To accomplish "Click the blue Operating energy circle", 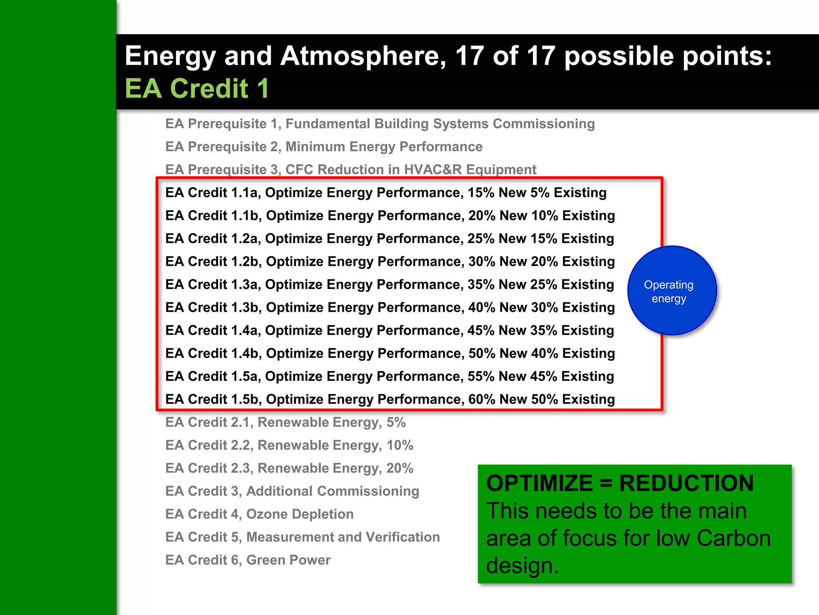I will click(672, 291).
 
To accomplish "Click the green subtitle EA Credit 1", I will click(197, 88).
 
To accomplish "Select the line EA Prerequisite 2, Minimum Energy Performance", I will click(324, 147).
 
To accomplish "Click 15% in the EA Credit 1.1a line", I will click(481, 193).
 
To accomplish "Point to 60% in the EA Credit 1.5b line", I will click(482, 399).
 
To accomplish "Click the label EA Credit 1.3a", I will click(213, 284).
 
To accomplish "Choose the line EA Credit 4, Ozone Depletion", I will click(259, 514).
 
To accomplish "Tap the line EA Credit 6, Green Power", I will click(248, 560).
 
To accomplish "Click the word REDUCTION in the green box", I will click(686, 483).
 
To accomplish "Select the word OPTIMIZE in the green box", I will click(539, 483).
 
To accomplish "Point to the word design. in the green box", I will click(522, 565).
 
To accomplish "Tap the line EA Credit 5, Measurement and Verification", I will click(302, 537).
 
